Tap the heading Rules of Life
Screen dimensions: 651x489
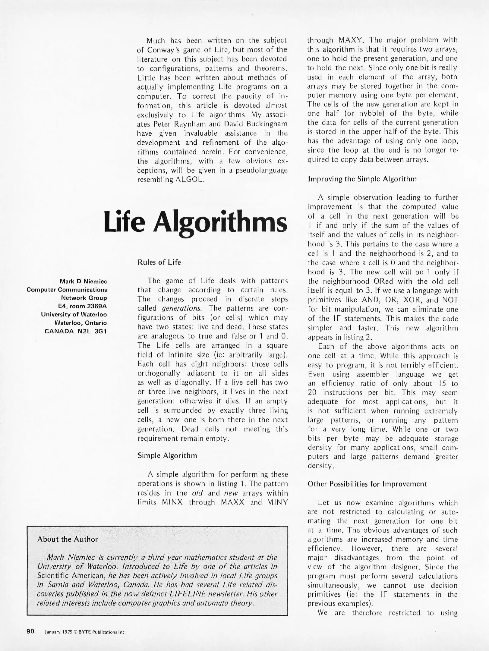click(x=159, y=262)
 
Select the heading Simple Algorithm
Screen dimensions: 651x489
click(x=167, y=455)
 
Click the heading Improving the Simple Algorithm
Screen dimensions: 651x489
click(x=362, y=179)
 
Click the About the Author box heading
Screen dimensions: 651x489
click(x=68, y=539)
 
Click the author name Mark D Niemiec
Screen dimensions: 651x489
click(x=83, y=281)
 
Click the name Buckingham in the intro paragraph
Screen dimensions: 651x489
click(x=268, y=124)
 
